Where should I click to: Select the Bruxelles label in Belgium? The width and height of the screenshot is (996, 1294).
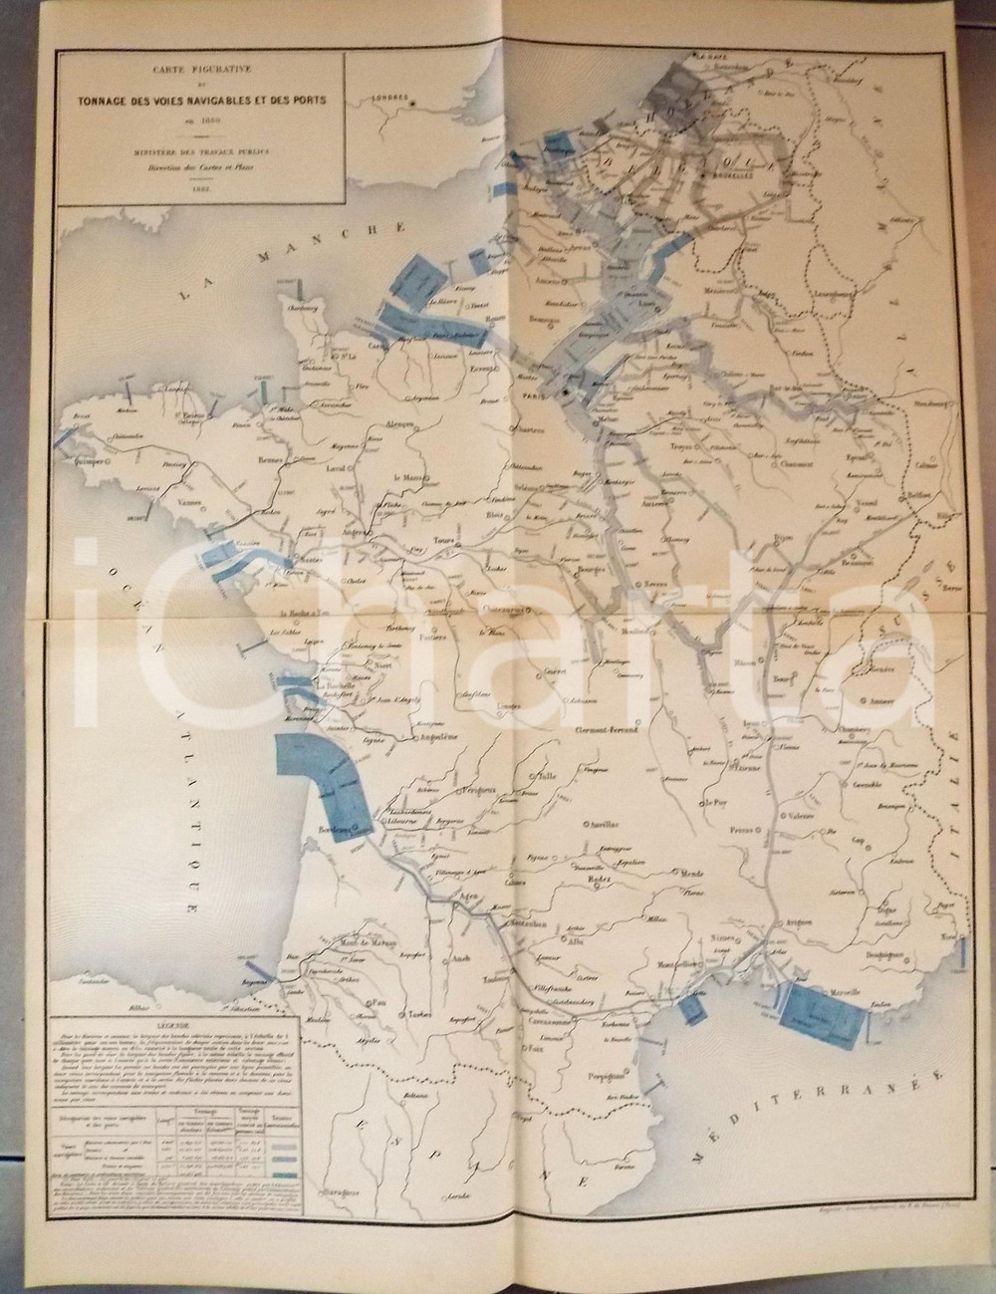732,172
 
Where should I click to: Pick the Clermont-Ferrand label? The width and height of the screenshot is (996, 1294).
614,728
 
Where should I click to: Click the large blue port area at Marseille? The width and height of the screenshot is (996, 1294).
818,1018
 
